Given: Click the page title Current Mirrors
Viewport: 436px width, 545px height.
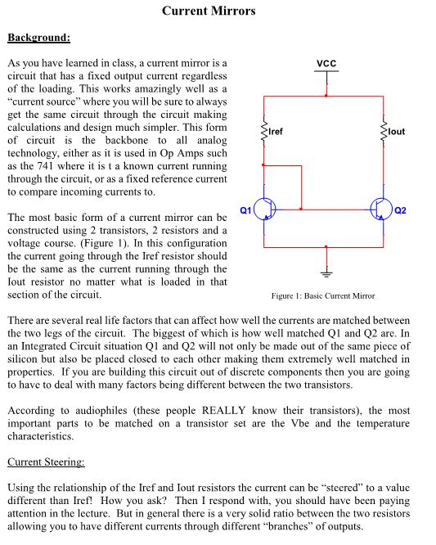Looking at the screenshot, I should coord(209,11).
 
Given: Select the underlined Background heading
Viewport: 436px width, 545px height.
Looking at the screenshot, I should coord(38,38).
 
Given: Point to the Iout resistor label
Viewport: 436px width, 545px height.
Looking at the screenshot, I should coord(396,131).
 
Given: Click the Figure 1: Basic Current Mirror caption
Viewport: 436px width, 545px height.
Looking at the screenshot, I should coord(323,295).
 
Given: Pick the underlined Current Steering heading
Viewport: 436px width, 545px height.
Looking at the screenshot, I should coord(46,462).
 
